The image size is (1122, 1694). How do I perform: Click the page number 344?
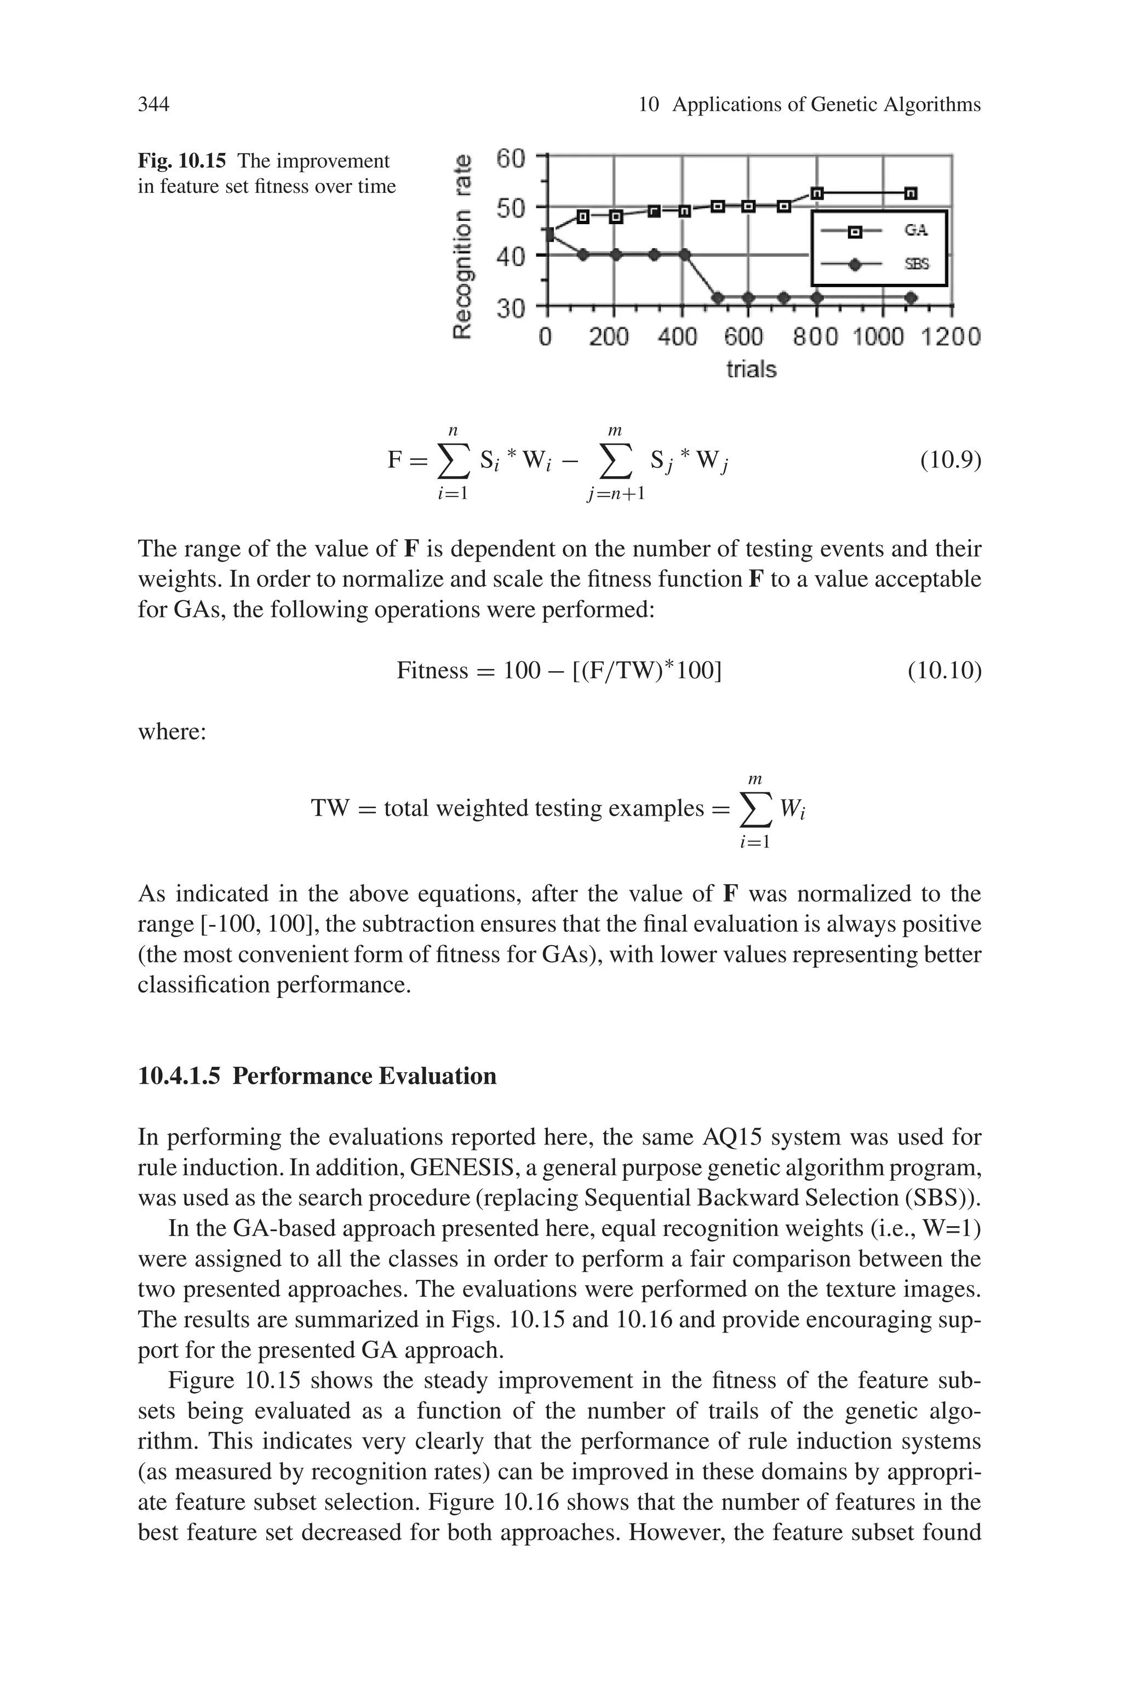click(x=153, y=105)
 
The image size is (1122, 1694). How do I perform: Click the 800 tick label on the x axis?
click(x=815, y=336)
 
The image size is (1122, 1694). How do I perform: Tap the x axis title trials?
click(x=751, y=369)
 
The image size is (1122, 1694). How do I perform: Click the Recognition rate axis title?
click(x=465, y=246)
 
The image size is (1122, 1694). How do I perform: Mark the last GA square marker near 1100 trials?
click(x=911, y=193)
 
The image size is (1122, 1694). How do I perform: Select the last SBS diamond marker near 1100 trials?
click(x=911, y=297)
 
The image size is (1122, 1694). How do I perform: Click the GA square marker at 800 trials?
click(x=817, y=193)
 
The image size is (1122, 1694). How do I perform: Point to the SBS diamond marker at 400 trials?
click(x=684, y=255)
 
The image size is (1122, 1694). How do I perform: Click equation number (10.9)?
click(x=951, y=459)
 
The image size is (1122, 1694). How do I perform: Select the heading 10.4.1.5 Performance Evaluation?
click(x=317, y=1076)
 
